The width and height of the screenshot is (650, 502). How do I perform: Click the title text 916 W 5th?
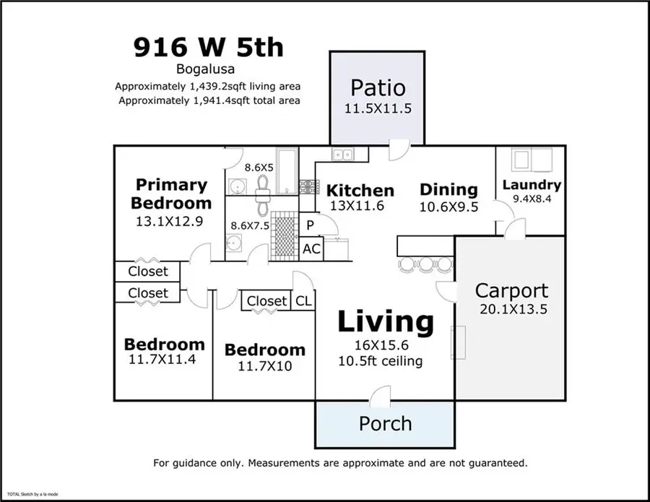click(208, 47)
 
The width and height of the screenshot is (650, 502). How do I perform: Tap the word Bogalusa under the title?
click(208, 70)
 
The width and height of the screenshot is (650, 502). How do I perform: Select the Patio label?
click(378, 88)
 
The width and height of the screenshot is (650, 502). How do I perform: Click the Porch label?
click(385, 423)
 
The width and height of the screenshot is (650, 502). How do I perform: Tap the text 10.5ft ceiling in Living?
click(381, 360)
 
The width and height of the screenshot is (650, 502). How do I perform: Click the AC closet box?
click(312, 249)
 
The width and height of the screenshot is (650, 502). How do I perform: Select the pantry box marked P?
click(311, 225)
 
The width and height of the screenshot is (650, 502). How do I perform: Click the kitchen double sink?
click(342, 154)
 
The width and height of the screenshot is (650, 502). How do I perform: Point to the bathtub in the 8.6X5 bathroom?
click(287, 171)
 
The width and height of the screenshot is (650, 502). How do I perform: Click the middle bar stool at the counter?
click(427, 264)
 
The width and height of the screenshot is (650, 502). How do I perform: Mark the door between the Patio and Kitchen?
click(397, 150)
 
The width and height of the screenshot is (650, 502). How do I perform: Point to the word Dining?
click(448, 190)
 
